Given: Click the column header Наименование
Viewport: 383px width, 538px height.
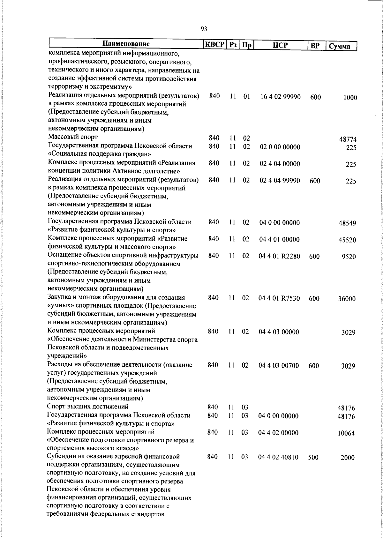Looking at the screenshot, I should (126, 44).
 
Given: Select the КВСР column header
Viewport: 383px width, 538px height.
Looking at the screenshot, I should (215, 45).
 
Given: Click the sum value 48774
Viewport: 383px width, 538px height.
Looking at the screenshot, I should (348, 139).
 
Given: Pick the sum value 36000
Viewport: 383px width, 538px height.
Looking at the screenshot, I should (347, 299).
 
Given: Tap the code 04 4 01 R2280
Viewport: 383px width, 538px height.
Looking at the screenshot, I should (279, 256).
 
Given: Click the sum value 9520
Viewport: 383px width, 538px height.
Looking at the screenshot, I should (349, 257).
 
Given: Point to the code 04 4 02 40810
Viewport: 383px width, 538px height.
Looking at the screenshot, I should (278, 457).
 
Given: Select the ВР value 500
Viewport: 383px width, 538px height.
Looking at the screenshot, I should (313, 457).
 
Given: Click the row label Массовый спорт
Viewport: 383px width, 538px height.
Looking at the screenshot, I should (73, 137).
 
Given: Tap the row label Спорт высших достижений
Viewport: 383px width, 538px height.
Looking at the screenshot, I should (87, 407).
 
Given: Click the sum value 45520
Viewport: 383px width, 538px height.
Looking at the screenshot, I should (347, 240).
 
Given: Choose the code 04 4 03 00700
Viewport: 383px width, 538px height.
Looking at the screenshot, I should (279, 365).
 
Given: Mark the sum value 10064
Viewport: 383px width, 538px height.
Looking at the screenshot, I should (346, 433).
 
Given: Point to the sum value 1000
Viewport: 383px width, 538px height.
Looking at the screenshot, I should (350, 98).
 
